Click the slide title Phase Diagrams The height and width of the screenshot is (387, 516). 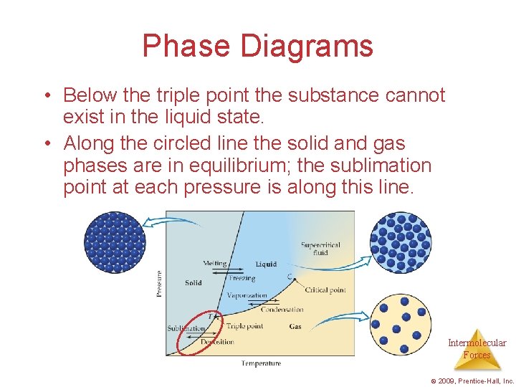tap(258, 46)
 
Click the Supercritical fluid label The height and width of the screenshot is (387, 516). tap(320, 249)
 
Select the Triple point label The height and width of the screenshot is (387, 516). tap(244, 326)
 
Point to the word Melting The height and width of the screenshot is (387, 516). tap(215, 264)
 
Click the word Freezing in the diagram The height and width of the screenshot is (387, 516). tap(242, 278)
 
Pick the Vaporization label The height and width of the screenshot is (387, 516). tap(247, 295)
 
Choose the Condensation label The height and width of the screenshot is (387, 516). tap(282, 310)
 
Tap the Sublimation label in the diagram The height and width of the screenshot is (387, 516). tap(186, 329)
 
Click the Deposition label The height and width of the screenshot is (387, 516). tap(217, 342)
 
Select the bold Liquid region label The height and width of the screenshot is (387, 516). tap(266, 264)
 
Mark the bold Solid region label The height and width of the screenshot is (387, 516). tap(193, 283)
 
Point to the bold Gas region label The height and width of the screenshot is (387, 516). tap(295, 327)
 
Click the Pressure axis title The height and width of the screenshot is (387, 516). tap(159, 282)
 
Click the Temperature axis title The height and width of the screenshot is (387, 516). tap(261, 363)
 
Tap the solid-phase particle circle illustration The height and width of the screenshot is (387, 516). tap(115, 242)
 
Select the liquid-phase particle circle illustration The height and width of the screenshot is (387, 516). tap(401, 243)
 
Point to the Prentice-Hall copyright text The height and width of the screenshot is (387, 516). tap(474, 381)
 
